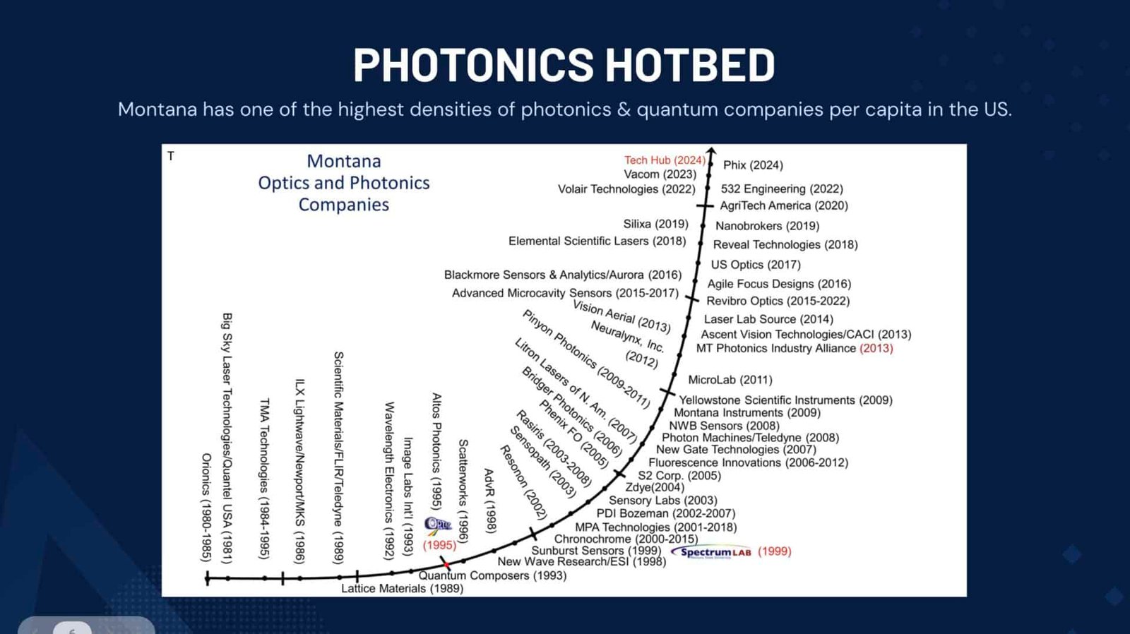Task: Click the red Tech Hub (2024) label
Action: (x=665, y=160)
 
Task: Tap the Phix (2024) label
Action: (x=753, y=165)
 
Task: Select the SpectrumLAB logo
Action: (x=711, y=552)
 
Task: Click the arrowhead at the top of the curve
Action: (x=711, y=150)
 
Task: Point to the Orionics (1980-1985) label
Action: (x=206, y=508)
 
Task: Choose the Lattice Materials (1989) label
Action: (x=402, y=588)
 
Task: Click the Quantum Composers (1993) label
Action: (x=492, y=575)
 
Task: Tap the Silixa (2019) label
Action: (x=656, y=223)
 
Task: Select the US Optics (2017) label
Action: (x=756, y=264)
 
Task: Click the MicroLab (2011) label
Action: (x=730, y=379)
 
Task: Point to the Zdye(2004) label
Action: (x=655, y=487)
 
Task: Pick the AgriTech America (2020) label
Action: (x=784, y=205)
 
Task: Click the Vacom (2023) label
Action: (x=660, y=174)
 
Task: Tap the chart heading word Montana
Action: (x=344, y=161)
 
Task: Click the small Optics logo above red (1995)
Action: (x=437, y=525)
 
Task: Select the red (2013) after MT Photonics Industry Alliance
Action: (x=876, y=348)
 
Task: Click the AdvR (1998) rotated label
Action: (x=489, y=501)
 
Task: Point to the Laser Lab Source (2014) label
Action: (x=768, y=319)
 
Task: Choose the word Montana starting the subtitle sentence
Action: (x=157, y=109)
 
